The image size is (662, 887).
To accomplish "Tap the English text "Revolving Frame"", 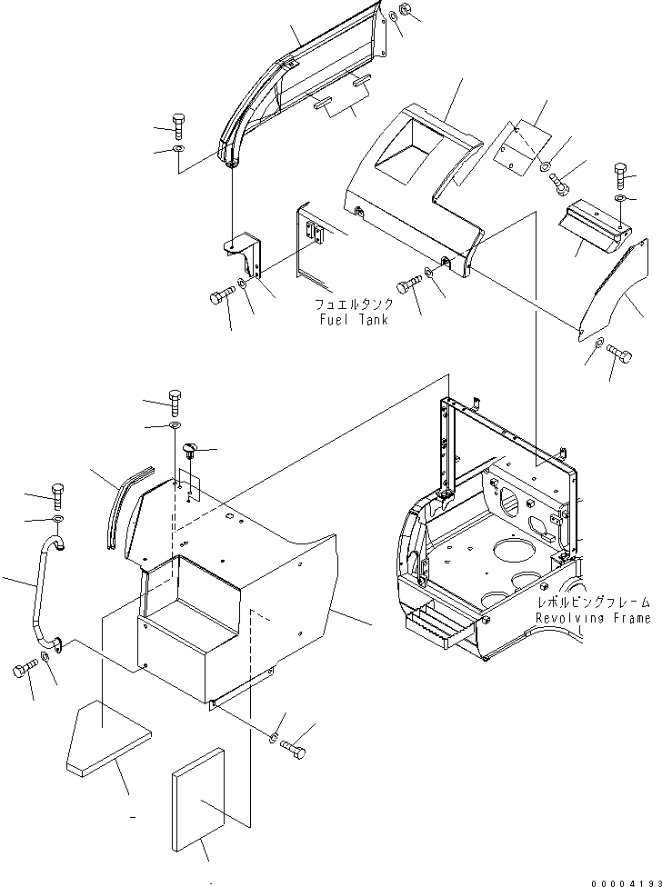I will pos(593,618).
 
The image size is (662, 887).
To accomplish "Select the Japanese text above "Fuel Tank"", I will pos(354,304).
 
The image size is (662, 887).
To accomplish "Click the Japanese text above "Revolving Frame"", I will pos(593,603).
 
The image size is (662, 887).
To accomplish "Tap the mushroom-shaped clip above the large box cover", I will pos(190,449).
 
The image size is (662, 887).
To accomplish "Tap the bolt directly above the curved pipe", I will pos(57,496).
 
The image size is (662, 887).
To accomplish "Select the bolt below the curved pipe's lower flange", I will pos(23,673).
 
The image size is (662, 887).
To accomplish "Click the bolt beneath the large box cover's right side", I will pos(294,747).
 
